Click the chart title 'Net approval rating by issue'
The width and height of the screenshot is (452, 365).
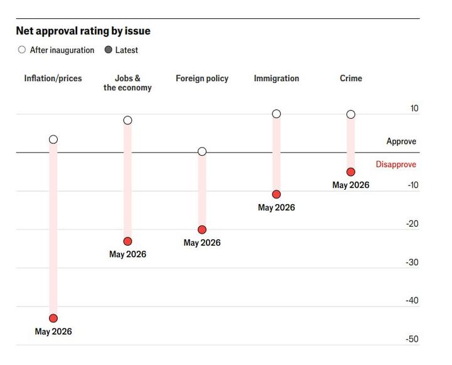click(x=83, y=31)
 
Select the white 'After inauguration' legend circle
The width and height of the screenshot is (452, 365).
click(x=22, y=50)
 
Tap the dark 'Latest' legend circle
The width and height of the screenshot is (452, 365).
click(x=109, y=50)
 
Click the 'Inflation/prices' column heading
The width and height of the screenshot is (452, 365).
click(x=53, y=79)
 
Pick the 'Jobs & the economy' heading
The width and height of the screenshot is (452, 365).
click(x=127, y=83)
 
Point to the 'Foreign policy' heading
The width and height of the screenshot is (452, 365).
click(x=202, y=79)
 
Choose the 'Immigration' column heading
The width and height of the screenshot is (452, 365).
click(x=276, y=79)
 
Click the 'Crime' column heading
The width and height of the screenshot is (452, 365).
click(x=351, y=78)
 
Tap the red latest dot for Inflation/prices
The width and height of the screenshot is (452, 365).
click(x=53, y=319)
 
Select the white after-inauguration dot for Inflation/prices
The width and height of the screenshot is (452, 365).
click(x=53, y=139)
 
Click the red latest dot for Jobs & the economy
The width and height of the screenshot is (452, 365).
click(x=127, y=241)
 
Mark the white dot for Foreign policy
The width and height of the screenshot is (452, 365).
click(x=202, y=151)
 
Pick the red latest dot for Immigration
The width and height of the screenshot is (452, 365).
click(x=276, y=195)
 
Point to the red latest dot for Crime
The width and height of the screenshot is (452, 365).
click(x=351, y=172)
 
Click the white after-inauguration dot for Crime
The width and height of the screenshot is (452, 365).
click(x=351, y=114)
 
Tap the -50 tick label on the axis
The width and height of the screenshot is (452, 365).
click(x=412, y=339)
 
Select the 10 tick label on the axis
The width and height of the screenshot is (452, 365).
click(x=414, y=109)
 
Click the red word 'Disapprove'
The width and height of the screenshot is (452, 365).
click(x=396, y=165)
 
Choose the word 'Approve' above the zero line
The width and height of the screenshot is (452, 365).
click(x=401, y=141)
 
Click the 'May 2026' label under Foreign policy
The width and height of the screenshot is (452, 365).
click(x=202, y=242)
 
